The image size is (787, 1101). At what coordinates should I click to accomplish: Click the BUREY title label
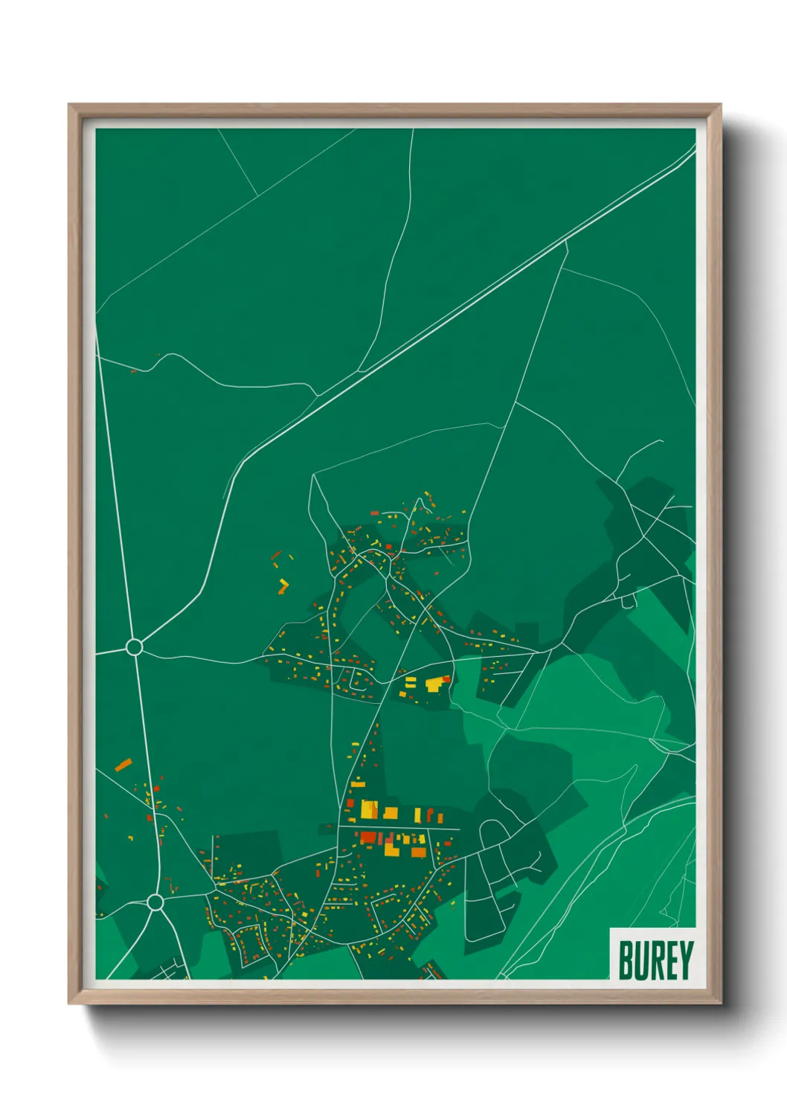(x=655, y=960)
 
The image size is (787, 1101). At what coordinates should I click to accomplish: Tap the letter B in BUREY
(x=626, y=960)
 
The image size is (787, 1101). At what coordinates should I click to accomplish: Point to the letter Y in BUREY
(x=685, y=960)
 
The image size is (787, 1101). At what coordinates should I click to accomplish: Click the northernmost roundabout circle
(x=134, y=646)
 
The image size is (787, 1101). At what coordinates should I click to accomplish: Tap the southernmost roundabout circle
(x=155, y=902)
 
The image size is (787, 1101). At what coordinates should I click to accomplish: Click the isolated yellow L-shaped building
(x=283, y=586)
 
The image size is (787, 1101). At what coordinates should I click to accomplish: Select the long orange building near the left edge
(x=123, y=764)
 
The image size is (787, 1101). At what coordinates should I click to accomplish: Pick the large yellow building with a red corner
(x=435, y=684)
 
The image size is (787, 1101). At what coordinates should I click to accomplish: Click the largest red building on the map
(x=368, y=838)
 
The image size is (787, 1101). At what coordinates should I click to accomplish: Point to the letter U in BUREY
(x=641, y=960)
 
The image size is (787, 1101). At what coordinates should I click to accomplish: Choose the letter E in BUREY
(x=670, y=960)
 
